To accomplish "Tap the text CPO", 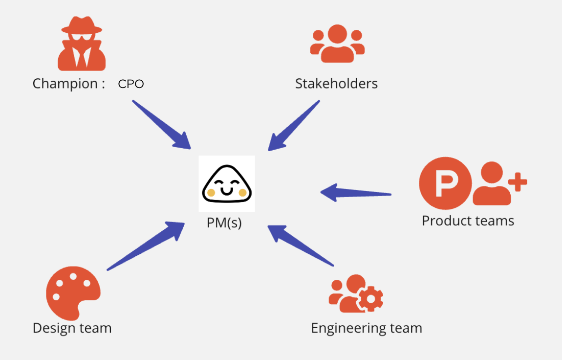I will pyautogui.click(x=131, y=84).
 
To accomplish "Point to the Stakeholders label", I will pyautogui.click(x=336, y=84).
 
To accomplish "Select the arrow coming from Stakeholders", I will pyautogui.click(x=294, y=125).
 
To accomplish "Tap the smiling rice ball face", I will pyautogui.click(x=227, y=184).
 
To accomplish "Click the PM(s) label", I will pyautogui.click(x=224, y=224).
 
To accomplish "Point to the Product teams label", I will pyautogui.click(x=468, y=221).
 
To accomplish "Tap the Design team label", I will pyautogui.click(x=72, y=328).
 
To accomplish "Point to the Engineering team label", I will pyautogui.click(x=367, y=328).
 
